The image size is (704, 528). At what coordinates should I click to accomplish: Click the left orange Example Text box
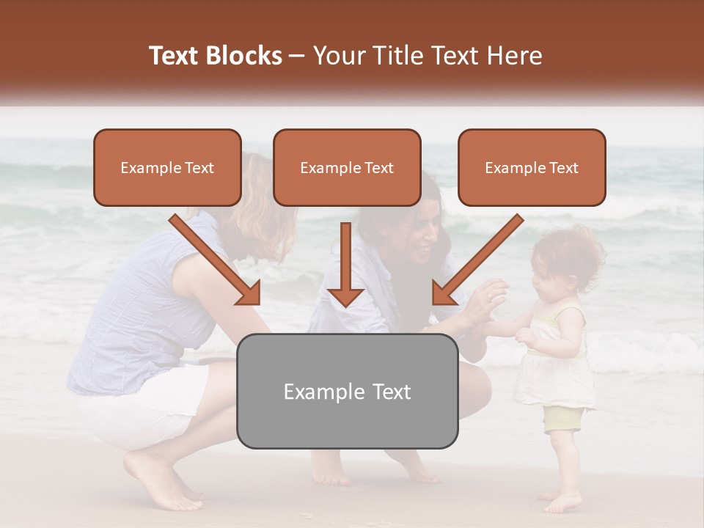[x=167, y=167]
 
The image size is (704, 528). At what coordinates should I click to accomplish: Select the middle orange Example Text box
[x=347, y=167]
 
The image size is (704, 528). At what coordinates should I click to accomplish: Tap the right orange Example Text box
[x=532, y=167]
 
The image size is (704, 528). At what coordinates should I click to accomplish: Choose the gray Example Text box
[x=347, y=391]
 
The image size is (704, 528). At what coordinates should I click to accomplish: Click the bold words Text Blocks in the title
[x=216, y=56]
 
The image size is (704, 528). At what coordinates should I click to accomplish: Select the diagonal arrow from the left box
[x=216, y=260]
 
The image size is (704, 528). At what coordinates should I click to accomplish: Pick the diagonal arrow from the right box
[x=477, y=260]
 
